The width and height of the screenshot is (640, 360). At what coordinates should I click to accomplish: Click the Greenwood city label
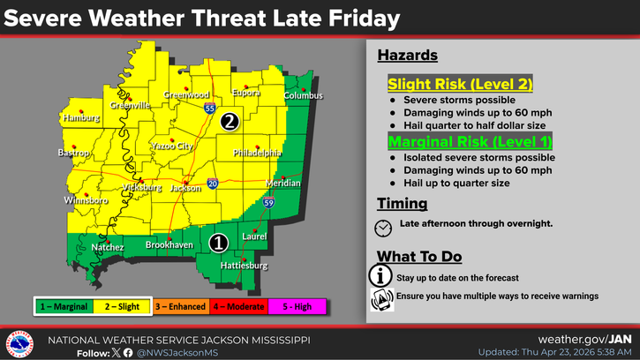[185, 94]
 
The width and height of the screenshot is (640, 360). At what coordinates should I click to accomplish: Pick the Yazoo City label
[171, 146]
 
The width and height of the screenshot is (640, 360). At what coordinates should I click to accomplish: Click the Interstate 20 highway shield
[213, 184]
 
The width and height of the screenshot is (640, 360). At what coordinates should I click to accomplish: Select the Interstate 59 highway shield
[267, 203]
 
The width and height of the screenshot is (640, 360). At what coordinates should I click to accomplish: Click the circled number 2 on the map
[229, 122]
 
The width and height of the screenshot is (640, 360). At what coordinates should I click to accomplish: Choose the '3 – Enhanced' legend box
[181, 305]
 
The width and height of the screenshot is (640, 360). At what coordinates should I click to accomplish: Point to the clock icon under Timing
[383, 227]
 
